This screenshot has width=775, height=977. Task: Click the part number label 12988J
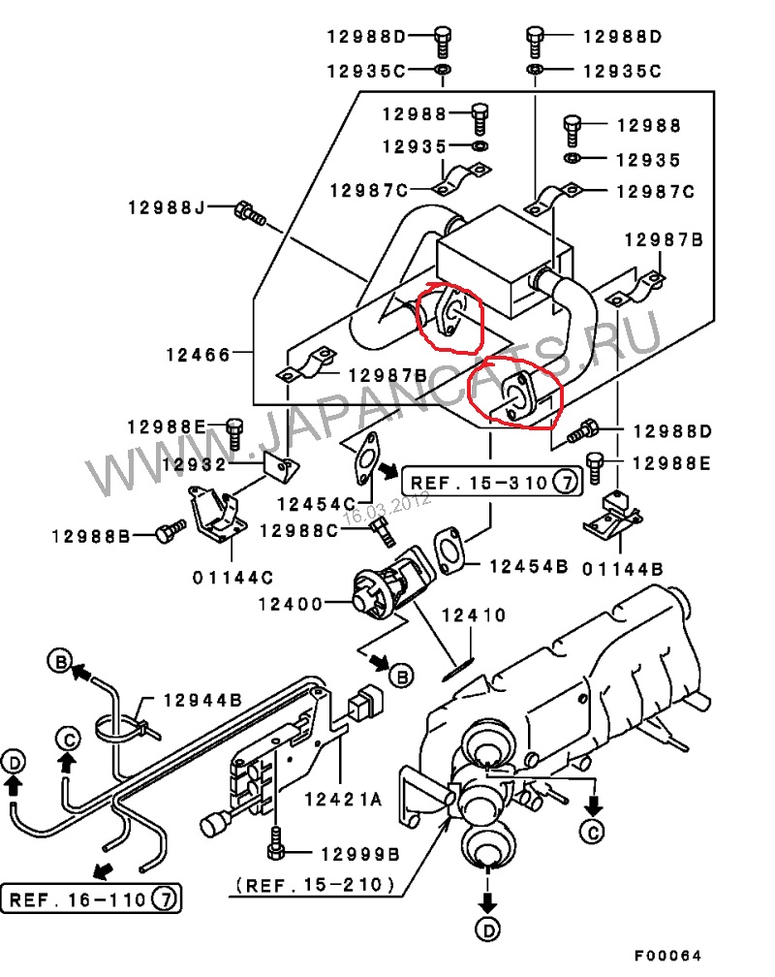pos(167,206)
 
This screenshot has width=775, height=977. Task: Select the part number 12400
pos(291,603)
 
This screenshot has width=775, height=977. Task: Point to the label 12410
pos(474,615)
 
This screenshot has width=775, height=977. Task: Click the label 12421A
pos(343,799)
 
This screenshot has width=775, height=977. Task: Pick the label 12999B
pos(360,854)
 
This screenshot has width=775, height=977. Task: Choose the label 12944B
pos(202,700)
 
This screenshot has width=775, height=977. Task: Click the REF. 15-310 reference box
pos(492,482)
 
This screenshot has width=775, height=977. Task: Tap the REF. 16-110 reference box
pos(91,899)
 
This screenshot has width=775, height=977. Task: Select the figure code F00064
pos(668,956)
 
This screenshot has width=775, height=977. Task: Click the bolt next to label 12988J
pos(250,212)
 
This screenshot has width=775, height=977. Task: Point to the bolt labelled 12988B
pos(170,531)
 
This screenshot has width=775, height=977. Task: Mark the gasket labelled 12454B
pos(448,551)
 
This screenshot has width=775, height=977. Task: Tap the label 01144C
pos(232,578)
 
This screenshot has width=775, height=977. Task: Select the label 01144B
pos(622,568)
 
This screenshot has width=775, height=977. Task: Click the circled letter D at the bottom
pos(488,930)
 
